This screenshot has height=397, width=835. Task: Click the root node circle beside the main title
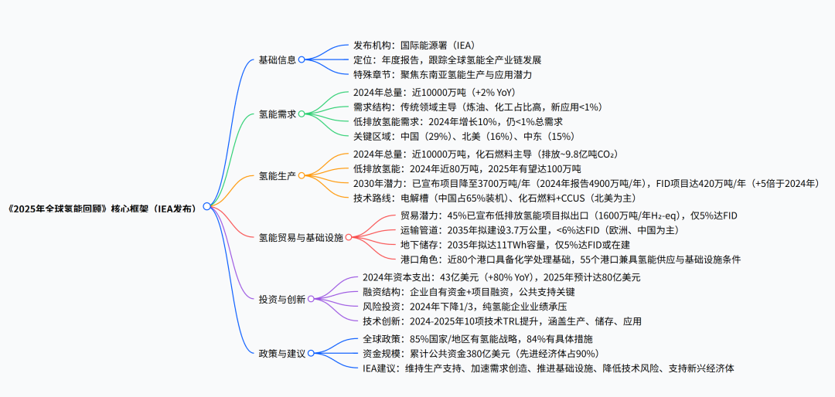(206, 206)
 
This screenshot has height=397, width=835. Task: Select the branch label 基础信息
(277, 59)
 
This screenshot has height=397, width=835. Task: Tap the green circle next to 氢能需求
(302, 114)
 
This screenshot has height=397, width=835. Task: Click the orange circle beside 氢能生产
(302, 175)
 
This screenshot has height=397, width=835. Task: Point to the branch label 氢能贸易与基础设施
(301, 237)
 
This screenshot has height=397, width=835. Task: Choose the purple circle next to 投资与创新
(311, 299)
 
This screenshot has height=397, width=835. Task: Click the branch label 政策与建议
(281, 353)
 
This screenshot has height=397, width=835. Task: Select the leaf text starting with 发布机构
(414, 46)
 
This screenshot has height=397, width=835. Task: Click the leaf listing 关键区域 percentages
(464, 136)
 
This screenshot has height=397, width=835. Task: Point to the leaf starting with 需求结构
(478, 107)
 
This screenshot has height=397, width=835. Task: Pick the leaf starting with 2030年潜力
(586, 184)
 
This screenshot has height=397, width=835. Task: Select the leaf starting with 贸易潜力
(569, 215)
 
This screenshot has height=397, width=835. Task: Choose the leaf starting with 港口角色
(571, 260)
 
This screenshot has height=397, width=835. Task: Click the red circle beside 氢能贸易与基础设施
(349, 237)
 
